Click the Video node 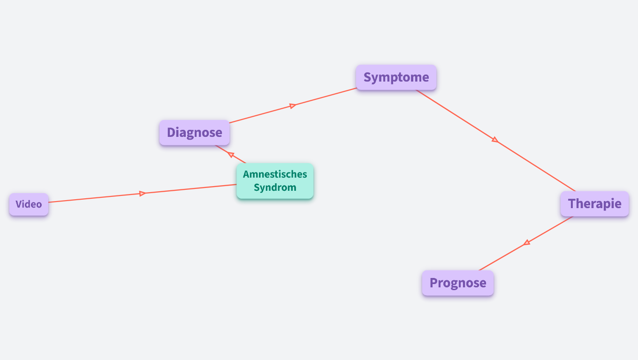[29, 204]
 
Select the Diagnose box [194, 133]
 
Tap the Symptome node [396, 77]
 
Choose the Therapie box [594, 204]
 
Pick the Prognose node [457, 283]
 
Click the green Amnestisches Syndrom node [275, 181]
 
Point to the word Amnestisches [275, 174]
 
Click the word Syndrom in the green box [275, 187]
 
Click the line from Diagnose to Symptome [258, 115]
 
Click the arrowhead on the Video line [143, 193]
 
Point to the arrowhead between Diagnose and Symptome [292, 106]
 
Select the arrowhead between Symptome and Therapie [494, 139]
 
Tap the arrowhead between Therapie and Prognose [527, 242]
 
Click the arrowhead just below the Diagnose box [231, 154]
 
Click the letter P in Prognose [434, 283]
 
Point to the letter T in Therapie [572, 204]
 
